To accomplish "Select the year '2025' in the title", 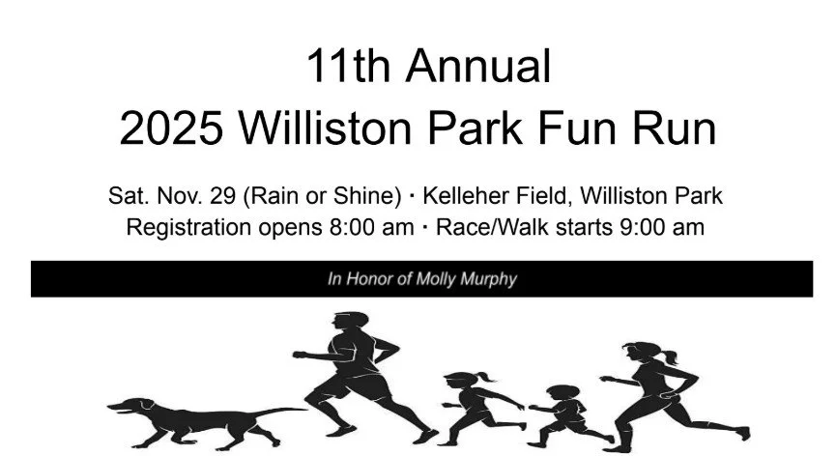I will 174,128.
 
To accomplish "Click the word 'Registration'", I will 184,228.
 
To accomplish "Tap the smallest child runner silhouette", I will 562,411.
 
